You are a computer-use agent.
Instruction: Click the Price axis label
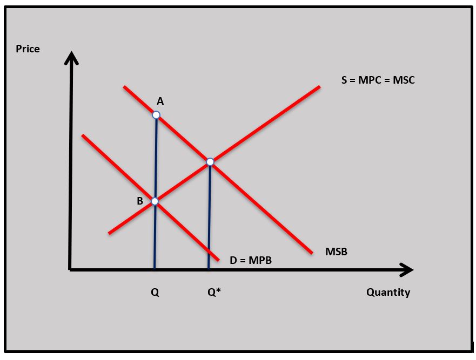click(28, 49)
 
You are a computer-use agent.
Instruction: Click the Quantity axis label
click(388, 293)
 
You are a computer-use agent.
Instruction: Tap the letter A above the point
click(160, 101)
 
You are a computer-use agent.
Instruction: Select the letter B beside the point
click(140, 201)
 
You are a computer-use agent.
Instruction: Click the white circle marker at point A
click(156, 115)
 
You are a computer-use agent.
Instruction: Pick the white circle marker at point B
click(155, 201)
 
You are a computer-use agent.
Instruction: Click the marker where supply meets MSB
click(210, 162)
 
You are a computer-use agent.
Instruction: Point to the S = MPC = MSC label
click(378, 80)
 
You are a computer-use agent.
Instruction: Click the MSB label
click(336, 252)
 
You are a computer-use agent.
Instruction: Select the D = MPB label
click(251, 261)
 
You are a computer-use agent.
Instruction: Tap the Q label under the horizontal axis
click(155, 293)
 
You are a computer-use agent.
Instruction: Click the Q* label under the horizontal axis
click(214, 293)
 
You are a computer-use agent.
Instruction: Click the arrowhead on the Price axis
click(71, 57)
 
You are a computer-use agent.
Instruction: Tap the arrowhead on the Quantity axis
click(406, 269)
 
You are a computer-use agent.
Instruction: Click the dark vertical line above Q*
click(209, 216)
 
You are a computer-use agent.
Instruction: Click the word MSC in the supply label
click(404, 80)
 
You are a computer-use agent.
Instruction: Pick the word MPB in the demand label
click(260, 261)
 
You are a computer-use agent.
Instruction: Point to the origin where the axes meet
click(70, 269)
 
